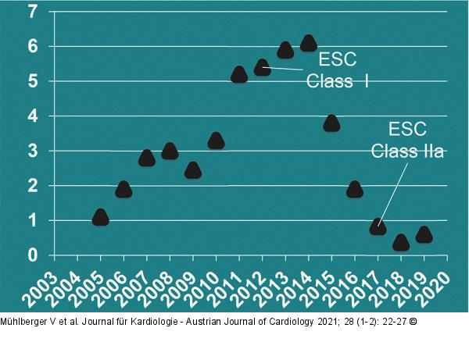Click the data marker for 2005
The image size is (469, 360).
(x=100, y=217)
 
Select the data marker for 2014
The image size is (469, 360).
(x=308, y=43)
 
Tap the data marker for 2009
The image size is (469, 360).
(x=193, y=169)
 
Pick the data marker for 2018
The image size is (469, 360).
(x=401, y=242)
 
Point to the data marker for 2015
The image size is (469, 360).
(x=331, y=123)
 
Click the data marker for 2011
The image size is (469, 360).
(x=239, y=75)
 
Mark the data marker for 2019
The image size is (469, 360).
(x=424, y=234)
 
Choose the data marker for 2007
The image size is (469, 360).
(x=146, y=158)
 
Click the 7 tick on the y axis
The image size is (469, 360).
(x=32, y=12)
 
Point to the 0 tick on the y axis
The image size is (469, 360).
(x=32, y=255)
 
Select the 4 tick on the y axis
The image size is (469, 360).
(x=32, y=116)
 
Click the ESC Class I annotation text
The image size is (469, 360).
(x=337, y=71)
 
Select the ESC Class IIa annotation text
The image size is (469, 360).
(x=407, y=141)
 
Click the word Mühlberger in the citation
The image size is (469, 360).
(x=23, y=321)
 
